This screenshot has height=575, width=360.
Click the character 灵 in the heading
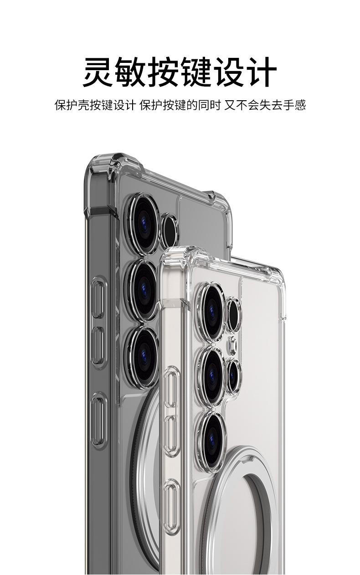[98, 72]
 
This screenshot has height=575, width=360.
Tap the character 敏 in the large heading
[130, 72]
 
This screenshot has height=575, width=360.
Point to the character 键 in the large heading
[195, 72]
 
